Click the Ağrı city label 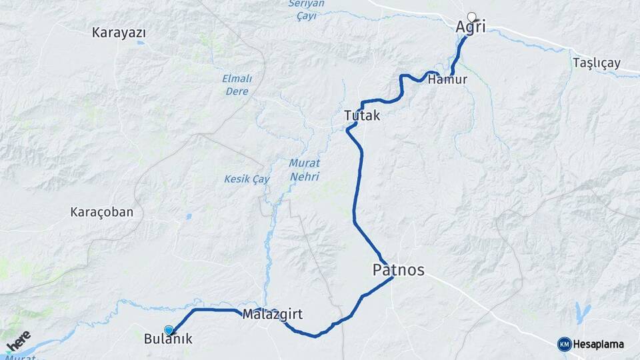tap(470, 27)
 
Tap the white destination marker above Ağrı tap(473, 17)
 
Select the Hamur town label tap(447, 79)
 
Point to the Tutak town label tap(362, 115)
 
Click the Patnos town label tap(397, 270)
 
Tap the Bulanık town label tap(168, 339)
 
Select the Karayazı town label tap(119, 32)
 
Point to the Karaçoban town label tap(102, 213)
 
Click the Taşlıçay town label tap(596, 63)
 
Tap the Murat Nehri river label tap(305, 170)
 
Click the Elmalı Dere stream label tap(236, 85)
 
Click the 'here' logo tap(18, 340)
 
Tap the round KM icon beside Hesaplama tap(564, 344)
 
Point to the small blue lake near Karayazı tap(140, 44)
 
